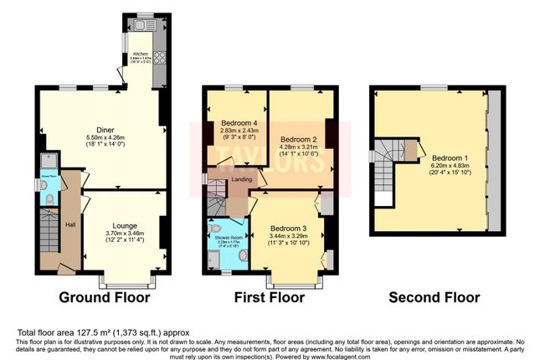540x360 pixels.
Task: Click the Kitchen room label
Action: point(140,54)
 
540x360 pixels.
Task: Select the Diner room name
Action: point(105,130)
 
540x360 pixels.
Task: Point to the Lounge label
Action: point(125,225)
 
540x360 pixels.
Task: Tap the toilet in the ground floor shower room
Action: point(49,198)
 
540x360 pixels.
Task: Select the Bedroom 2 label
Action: point(297,139)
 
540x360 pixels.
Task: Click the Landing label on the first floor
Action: point(243,177)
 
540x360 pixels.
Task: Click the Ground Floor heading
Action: point(105,297)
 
